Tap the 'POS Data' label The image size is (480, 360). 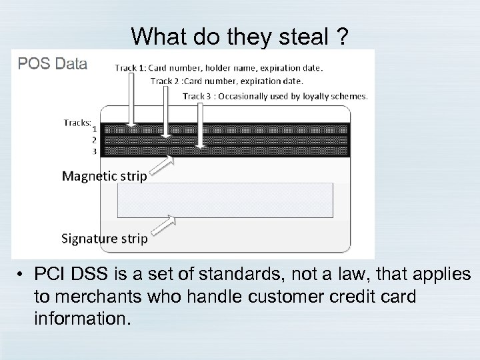tap(52, 64)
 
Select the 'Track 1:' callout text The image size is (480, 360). tap(131, 67)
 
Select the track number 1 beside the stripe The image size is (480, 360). tap(94, 129)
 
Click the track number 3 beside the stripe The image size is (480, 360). tap(94, 151)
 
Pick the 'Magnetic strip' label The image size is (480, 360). tap(104, 176)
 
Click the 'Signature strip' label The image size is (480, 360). tap(104, 238)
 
